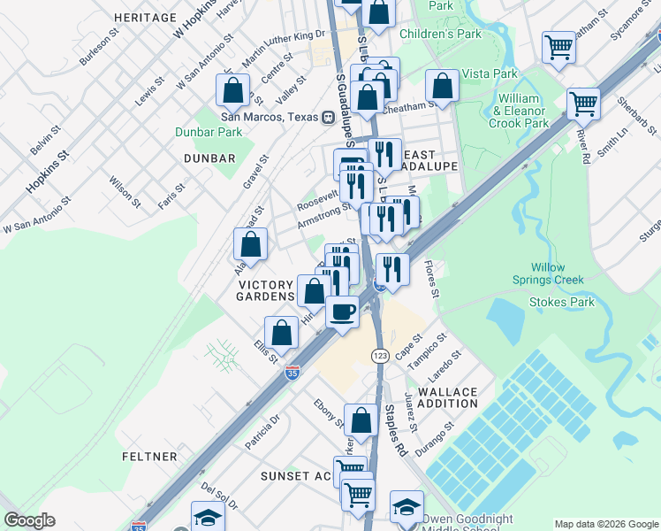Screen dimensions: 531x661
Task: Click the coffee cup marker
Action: pos(342,312)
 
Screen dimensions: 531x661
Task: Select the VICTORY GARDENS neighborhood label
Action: pos(265,290)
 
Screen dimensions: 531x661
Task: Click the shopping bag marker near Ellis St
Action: pos(281,333)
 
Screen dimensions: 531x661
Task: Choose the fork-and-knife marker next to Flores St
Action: pos(391,268)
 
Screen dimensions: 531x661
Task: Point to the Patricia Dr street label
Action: pos(262,431)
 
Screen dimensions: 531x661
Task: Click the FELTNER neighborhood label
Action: pos(150,457)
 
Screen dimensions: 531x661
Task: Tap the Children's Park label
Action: pos(440,34)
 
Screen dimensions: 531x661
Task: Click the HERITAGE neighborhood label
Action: pos(146,18)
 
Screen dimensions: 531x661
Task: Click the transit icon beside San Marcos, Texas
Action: pos(327,117)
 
